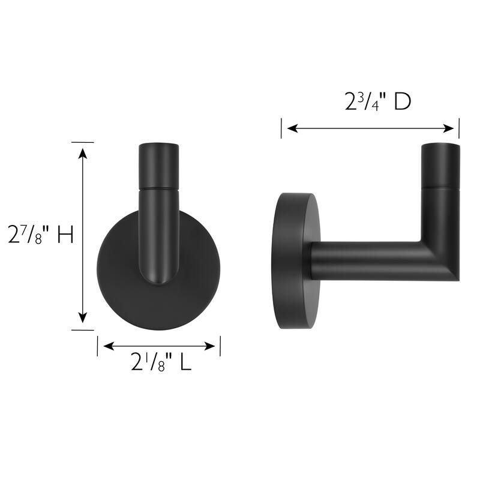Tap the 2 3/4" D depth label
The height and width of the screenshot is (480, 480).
pos(377,102)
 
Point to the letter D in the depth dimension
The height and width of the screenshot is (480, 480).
pos(402,102)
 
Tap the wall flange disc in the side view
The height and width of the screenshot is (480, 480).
pos(295,262)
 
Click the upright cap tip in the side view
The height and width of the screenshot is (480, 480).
pos(440,165)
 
